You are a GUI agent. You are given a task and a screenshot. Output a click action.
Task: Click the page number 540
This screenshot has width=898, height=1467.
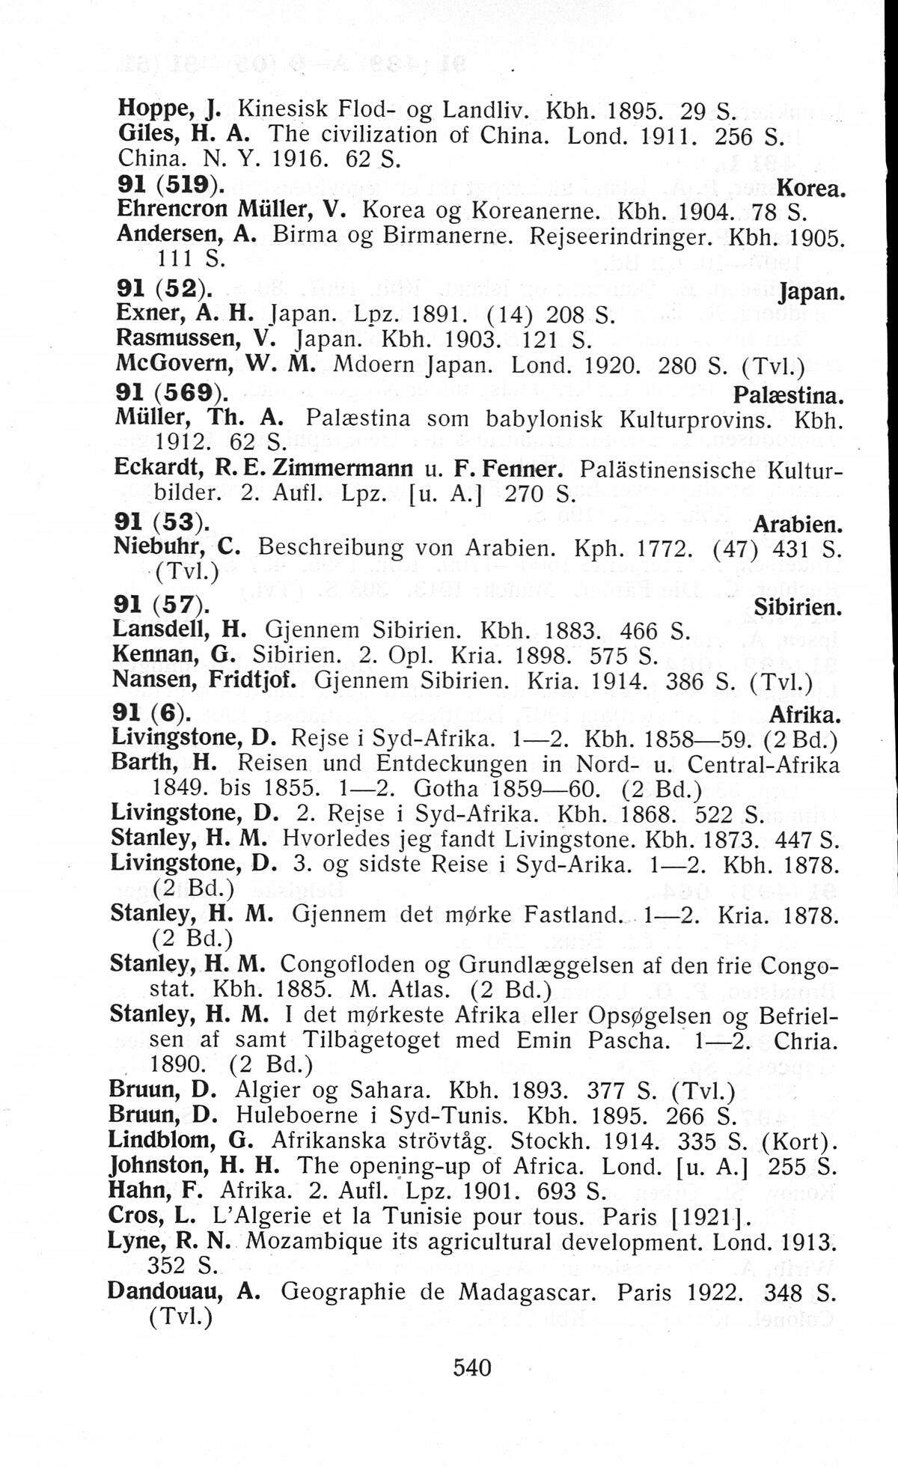(472, 1367)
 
